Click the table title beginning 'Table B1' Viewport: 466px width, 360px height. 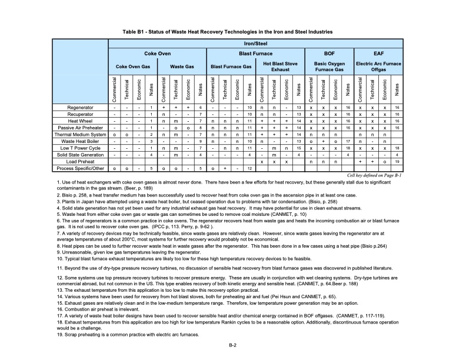(x=232, y=30)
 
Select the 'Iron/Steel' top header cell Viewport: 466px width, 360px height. (x=256, y=44)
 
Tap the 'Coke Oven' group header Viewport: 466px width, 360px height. (x=157, y=54)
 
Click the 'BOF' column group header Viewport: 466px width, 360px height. (x=329, y=54)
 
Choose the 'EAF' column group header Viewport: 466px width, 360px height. (x=378, y=54)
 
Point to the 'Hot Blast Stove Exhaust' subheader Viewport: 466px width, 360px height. (x=280, y=66)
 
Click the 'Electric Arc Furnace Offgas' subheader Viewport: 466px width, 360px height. (x=378, y=66)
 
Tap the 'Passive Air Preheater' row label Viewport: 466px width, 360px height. (x=80, y=127)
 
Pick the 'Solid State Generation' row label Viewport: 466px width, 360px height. (x=79, y=154)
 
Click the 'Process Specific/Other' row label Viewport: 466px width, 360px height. (x=79, y=168)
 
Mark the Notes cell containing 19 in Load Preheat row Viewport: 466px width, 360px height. (x=397, y=161)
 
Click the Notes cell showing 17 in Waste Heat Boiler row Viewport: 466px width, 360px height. (x=348, y=141)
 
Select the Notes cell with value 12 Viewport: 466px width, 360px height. (x=250, y=168)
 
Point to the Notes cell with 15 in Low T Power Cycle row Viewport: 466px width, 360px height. (x=299, y=148)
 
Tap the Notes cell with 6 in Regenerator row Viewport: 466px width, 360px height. (x=201, y=108)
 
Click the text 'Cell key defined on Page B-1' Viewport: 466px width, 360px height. (x=374, y=176)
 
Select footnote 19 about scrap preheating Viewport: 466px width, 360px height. (x=128, y=335)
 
